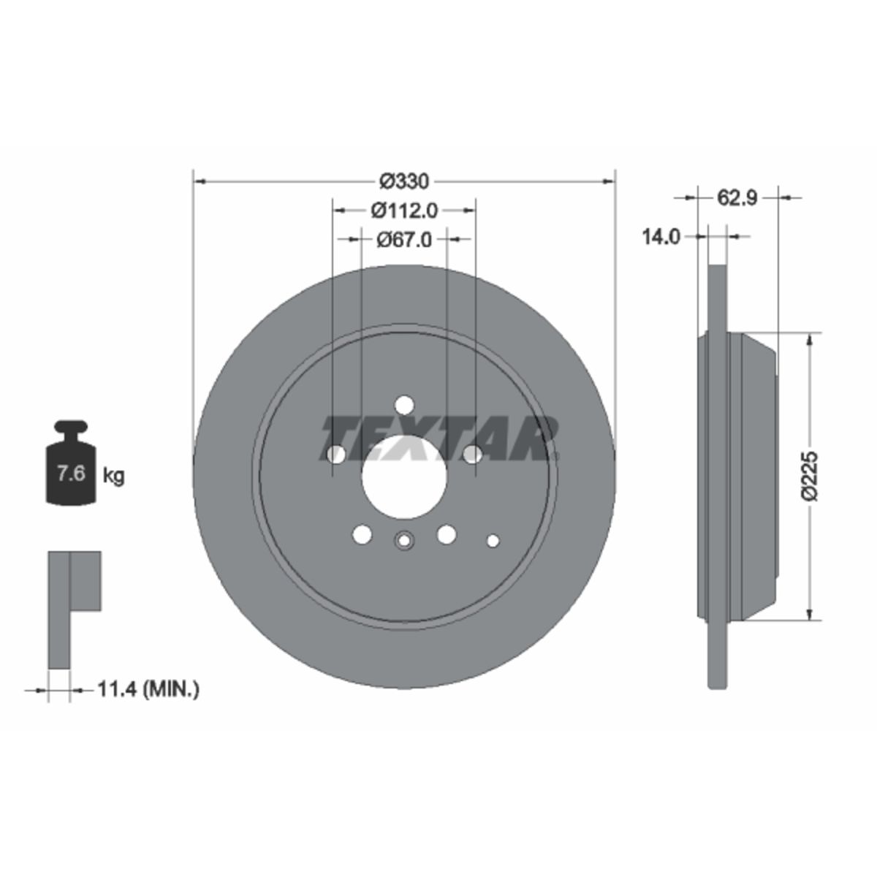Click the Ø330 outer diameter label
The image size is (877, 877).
pos(404,181)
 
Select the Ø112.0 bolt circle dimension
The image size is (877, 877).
pos(404,210)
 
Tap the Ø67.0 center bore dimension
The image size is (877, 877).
pos(404,239)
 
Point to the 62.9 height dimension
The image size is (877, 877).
pos(737,197)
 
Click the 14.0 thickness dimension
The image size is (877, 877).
pos(661,237)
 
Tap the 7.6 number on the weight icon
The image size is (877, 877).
pos(71,474)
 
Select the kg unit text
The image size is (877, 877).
pos(113,477)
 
